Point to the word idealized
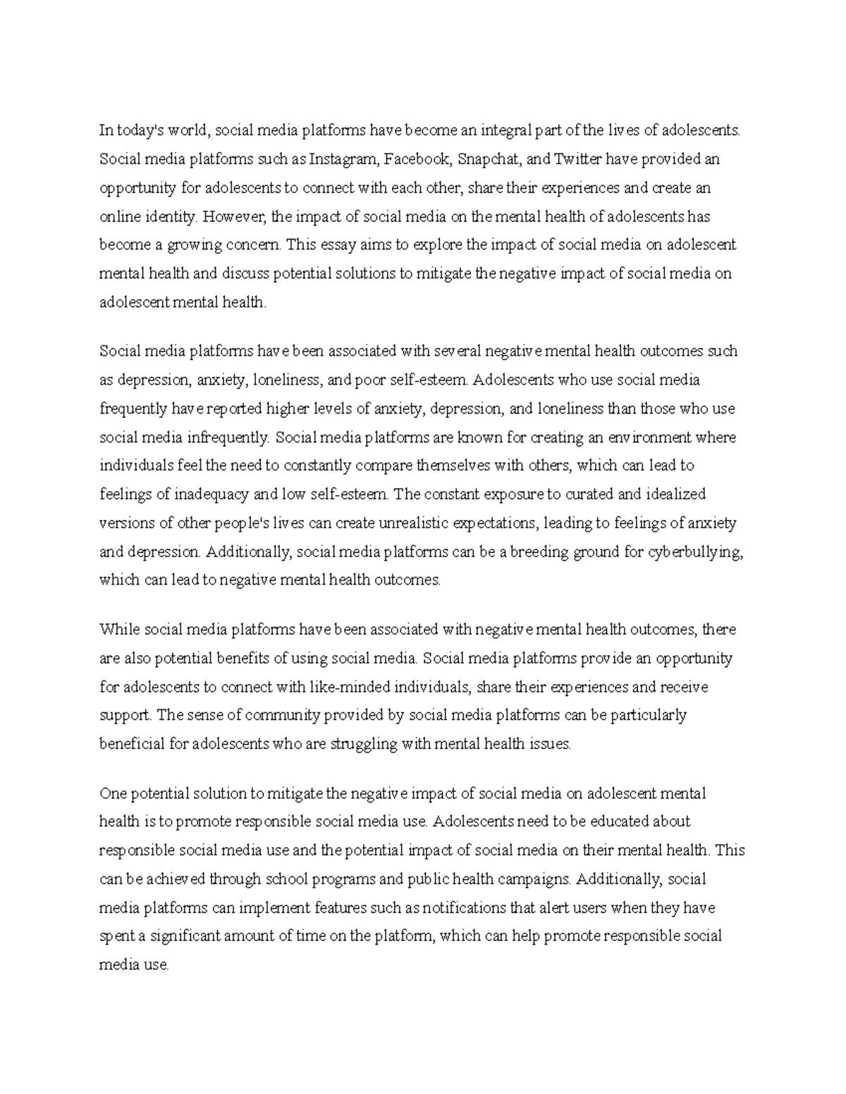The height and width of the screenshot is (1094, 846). pos(676,495)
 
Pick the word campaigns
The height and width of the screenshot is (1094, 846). pos(535,879)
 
